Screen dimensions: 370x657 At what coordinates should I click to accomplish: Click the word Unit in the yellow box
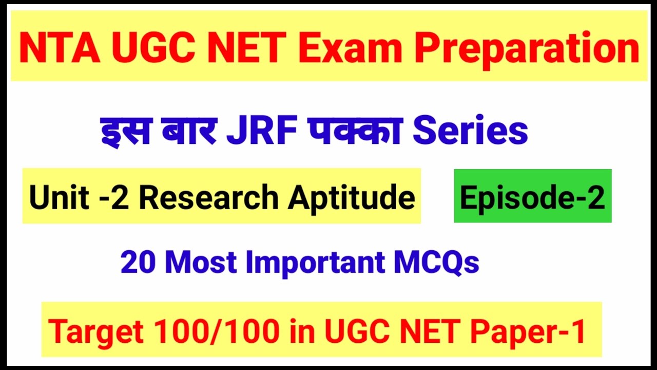pyautogui.click(x=52, y=197)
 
